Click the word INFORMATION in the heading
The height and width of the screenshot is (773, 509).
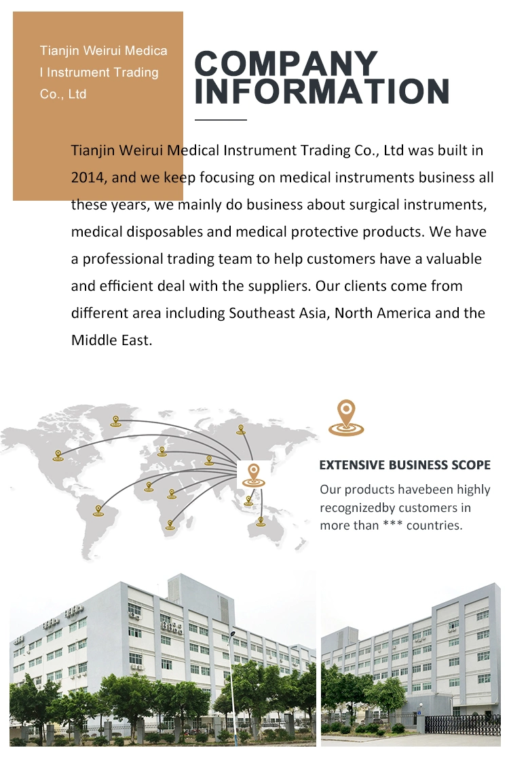322,92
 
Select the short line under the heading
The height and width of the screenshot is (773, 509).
221,120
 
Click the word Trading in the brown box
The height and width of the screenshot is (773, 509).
136,73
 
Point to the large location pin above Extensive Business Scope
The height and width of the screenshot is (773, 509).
346,418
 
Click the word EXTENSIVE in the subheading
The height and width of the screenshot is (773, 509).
352,465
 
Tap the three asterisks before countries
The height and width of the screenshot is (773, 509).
392,525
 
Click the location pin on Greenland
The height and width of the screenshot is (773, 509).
115,422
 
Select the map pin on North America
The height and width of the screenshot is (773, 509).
58,456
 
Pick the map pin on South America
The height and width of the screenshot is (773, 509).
98,511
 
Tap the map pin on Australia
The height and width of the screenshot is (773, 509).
261,521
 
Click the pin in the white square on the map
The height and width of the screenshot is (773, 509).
254,475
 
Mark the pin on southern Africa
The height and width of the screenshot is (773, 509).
170,525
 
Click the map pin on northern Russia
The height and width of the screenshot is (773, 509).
241,429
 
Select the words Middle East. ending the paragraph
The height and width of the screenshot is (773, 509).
111,340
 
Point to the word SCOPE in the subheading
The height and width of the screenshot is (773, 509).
472,465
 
